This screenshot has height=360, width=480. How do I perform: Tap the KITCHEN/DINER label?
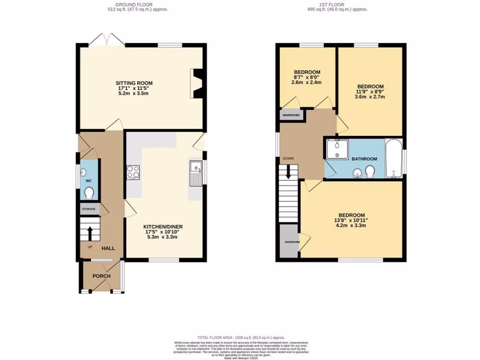tap(163, 227)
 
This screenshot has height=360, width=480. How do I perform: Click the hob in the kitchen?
tap(133, 172)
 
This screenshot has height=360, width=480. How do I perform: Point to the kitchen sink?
tap(195, 172)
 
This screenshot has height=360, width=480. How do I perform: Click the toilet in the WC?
tap(89, 192)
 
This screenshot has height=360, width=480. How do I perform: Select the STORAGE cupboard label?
tap(89, 209)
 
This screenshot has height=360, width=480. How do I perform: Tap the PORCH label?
tap(101, 276)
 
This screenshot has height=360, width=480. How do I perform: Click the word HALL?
tap(109, 248)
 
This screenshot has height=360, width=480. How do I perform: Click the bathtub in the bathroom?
tap(393, 158)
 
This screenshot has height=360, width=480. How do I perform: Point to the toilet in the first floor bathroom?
tap(370, 172)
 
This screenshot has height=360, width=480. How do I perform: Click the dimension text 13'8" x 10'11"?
tap(351, 220)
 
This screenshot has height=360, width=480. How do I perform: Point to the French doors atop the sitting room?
tap(107, 41)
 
